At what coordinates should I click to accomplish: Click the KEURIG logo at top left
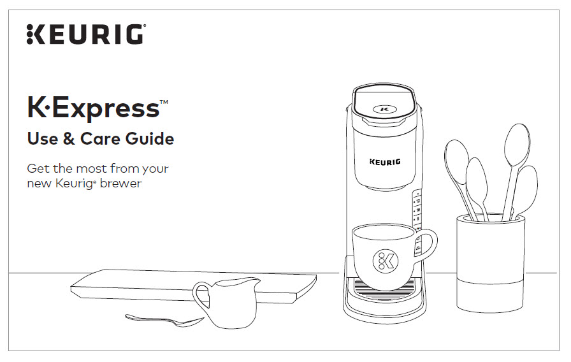click(x=85, y=34)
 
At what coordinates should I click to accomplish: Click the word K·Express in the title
click(x=92, y=108)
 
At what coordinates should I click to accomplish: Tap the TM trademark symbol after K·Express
click(x=164, y=102)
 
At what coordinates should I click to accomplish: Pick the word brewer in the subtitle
click(x=120, y=184)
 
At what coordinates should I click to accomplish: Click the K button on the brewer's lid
click(x=384, y=108)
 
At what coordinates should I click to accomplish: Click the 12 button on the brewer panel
click(x=418, y=200)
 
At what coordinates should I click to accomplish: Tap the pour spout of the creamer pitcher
click(x=256, y=281)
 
